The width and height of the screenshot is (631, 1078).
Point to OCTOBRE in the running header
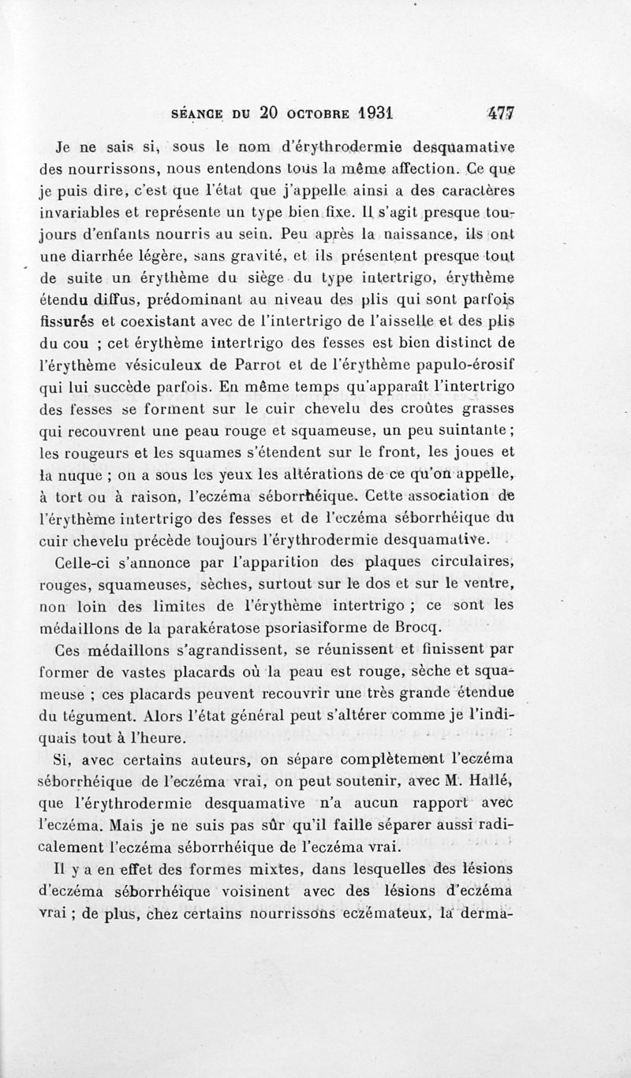pos(309,113)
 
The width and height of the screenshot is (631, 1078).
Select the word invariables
pos(79,213)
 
